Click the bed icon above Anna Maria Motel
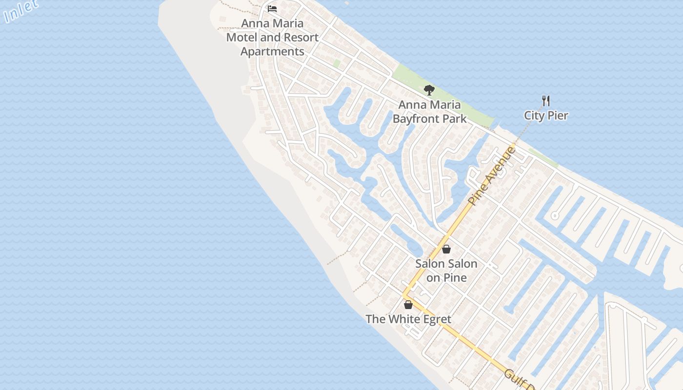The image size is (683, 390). (x=272, y=9)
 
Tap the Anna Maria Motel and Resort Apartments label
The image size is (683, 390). (x=272, y=37)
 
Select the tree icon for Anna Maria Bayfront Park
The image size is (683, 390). (x=429, y=90)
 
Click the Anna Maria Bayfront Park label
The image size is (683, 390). (x=429, y=112)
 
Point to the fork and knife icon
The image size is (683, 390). (x=546, y=101)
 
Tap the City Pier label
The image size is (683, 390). (x=546, y=116)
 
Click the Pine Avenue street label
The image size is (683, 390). (x=491, y=175)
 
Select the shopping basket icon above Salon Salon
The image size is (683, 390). (x=446, y=250)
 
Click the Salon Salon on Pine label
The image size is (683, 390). (x=446, y=271)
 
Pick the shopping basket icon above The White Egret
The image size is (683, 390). (x=408, y=305)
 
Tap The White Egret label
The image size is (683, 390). (x=408, y=319)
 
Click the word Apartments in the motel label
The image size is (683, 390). (x=272, y=51)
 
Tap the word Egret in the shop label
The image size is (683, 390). (x=435, y=319)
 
